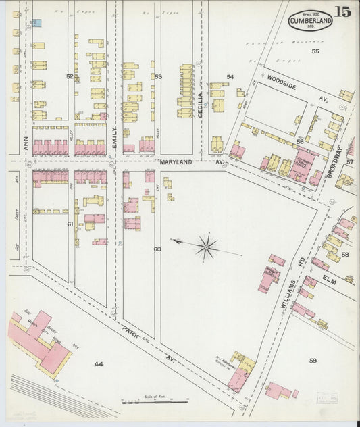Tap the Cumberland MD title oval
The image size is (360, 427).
(x=310, y=22)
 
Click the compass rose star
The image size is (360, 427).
(x=206, y=247)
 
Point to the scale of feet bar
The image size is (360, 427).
(x=155, y=402)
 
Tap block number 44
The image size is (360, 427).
(x=99, y=364)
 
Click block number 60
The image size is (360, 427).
(x=157, y=249)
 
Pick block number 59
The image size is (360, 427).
(x=313, y=361)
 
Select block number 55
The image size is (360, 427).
(x=315, y=51)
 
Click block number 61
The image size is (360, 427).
(x=70, y=223)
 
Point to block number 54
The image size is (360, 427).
(x=230, y=77)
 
